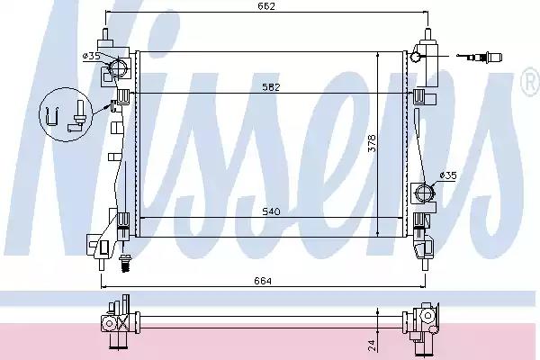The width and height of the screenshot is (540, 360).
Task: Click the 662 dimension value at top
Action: point(266,6)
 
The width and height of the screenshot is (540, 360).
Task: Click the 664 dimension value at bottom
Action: point(263,281)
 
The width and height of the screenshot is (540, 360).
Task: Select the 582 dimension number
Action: point(272,87)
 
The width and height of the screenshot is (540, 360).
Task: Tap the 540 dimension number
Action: point(272,211)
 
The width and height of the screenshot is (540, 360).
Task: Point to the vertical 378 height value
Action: point(373,143)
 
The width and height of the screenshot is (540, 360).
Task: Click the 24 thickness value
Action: point(372,346)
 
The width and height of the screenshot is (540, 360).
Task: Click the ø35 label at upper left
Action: point(91,56)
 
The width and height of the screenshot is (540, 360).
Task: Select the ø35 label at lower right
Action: point(448,175)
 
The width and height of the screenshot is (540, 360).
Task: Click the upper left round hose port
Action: point(119,67)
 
